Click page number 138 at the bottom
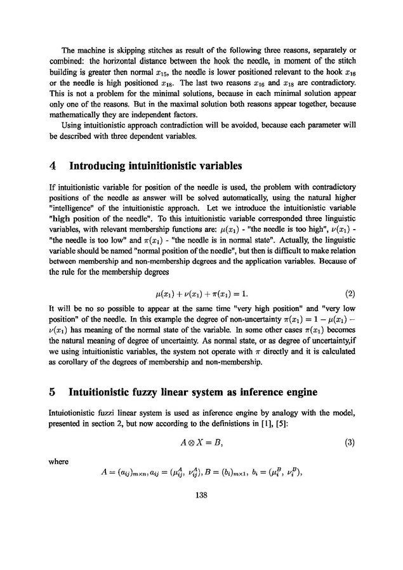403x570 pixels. (201, 495)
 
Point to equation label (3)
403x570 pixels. (348, 443)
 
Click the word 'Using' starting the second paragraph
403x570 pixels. (72, 124)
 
